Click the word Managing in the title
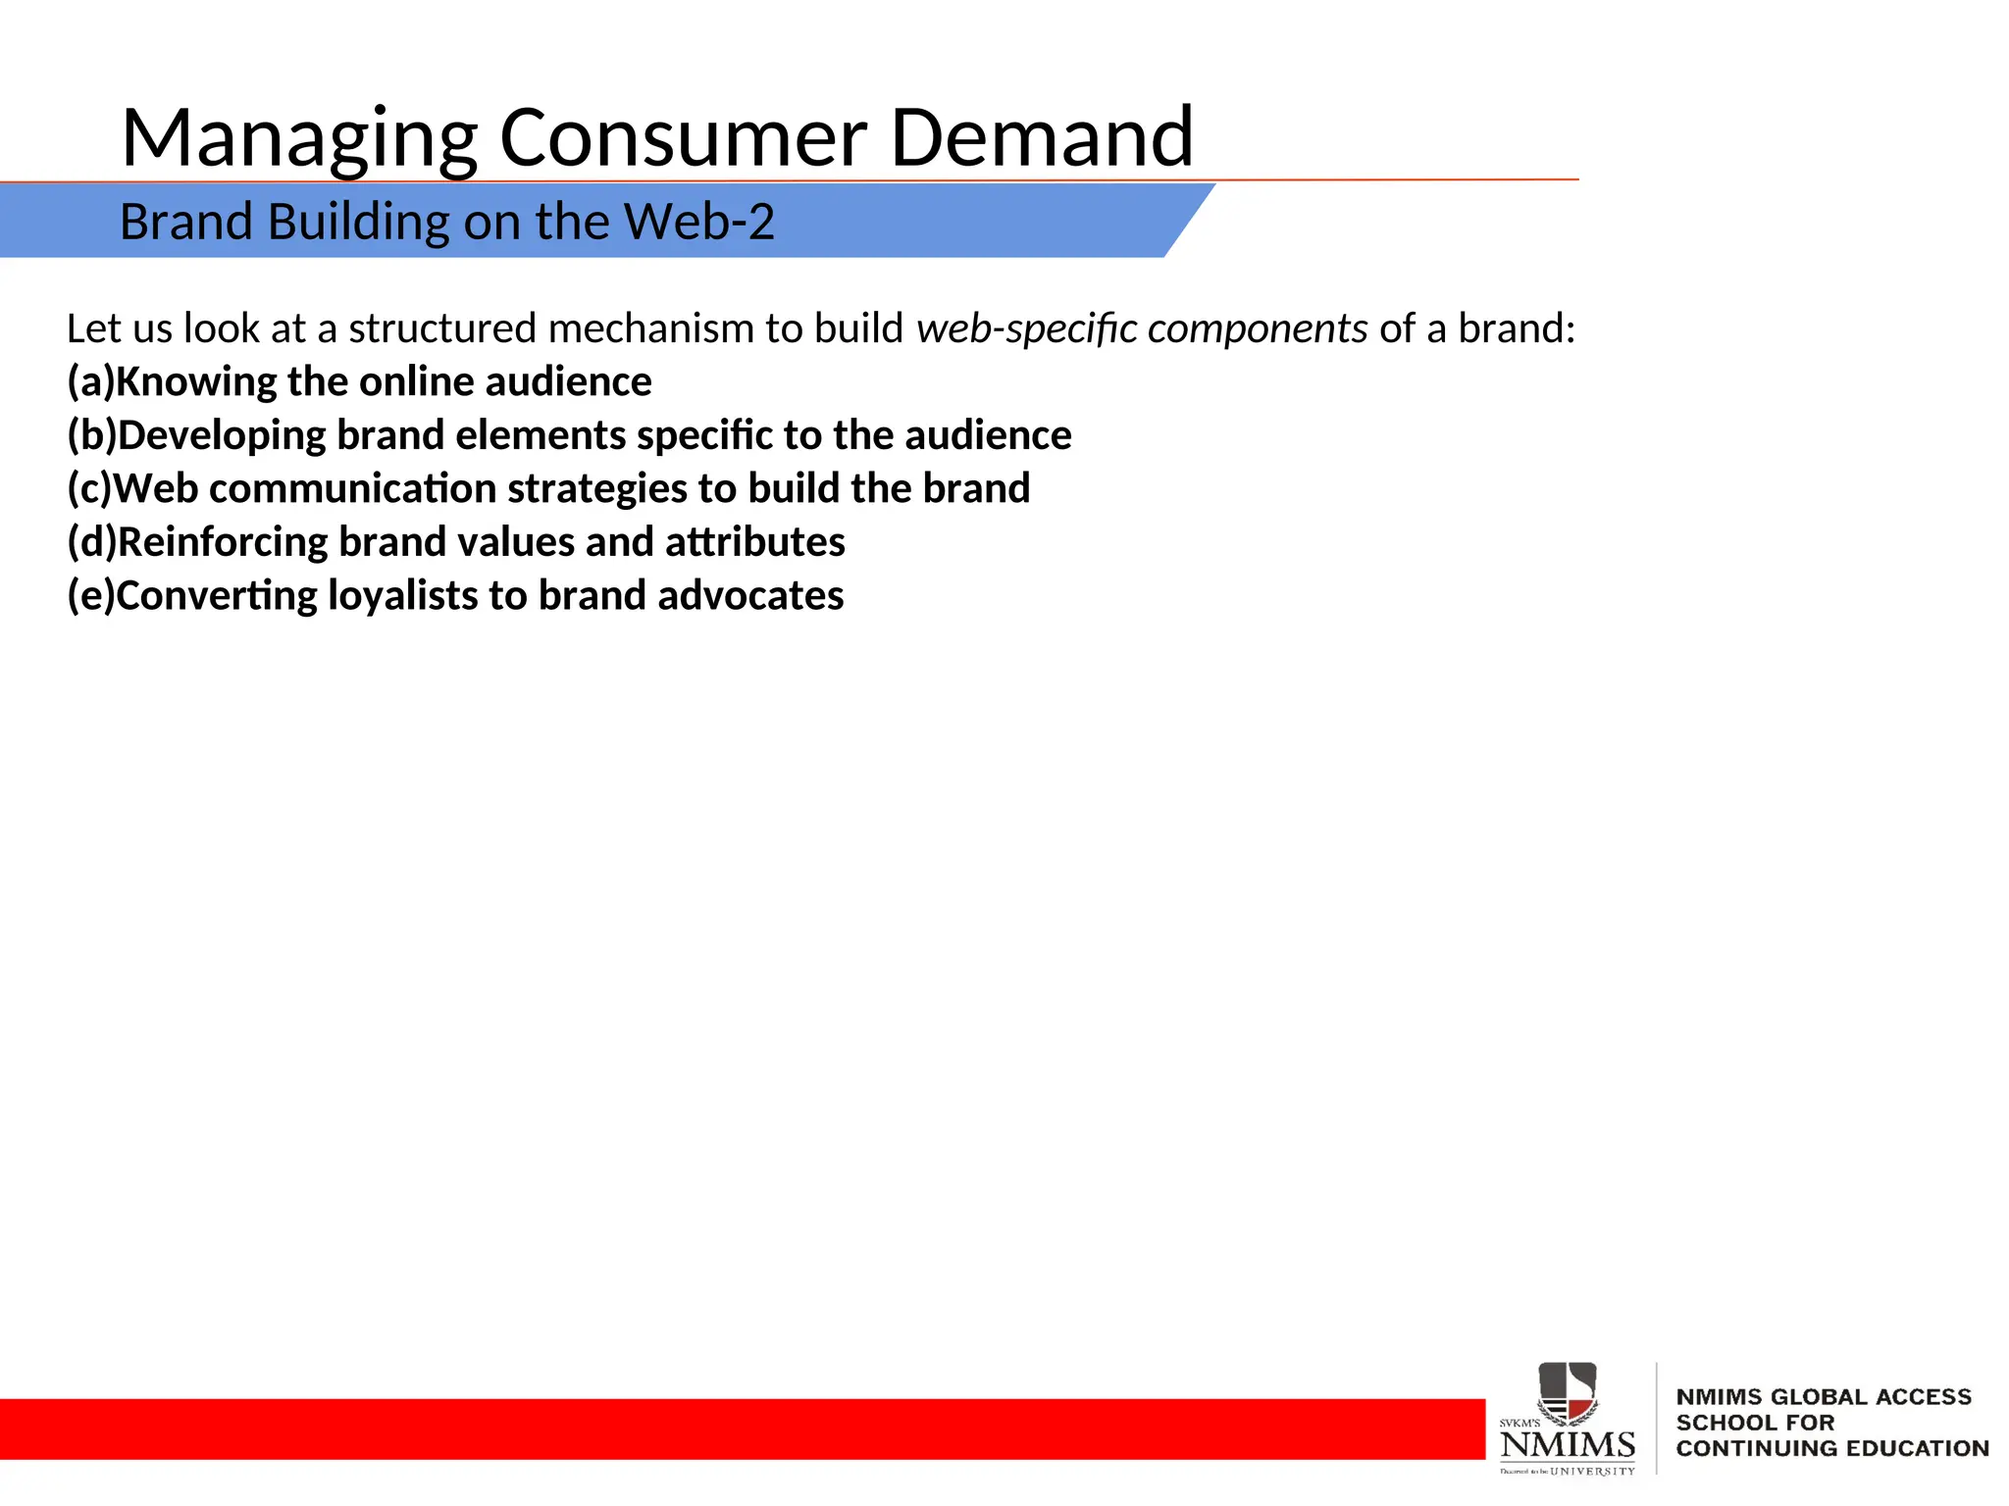[x=299, y=139]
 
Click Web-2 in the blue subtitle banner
[x=698, y=222]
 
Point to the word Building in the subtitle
[x=359, y=223]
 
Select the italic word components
[x=1257, y=329]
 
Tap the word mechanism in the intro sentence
[x=651, y=329]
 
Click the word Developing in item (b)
[x=222, y=435]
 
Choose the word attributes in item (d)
[x=754, y=542]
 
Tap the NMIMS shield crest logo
[x=1567, y=1392]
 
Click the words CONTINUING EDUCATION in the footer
[x=1831, y=1448]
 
